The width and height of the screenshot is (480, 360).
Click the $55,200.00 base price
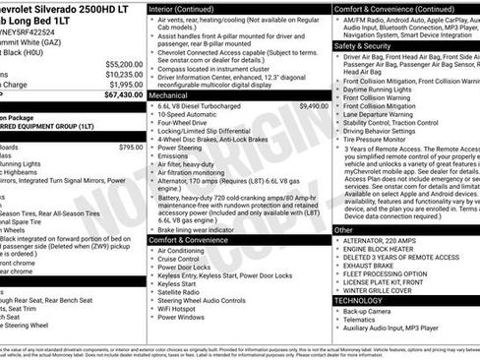[124, 61]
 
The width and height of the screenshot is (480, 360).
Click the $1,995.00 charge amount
[126, 84]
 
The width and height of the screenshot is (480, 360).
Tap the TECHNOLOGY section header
[360, 300]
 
